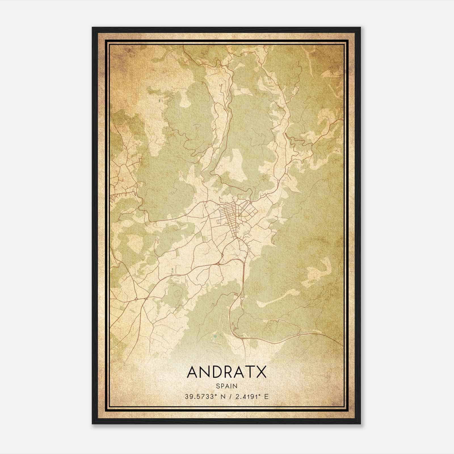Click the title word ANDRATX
point(227,372)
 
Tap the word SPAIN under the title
point(227,386)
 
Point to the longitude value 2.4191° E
point(252,397)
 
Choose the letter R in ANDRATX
point(227,372)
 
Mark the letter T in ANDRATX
point(250,372)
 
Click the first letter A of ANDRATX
point(193,372)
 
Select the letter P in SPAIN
point(222,386)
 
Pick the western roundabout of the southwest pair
point(137,299)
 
